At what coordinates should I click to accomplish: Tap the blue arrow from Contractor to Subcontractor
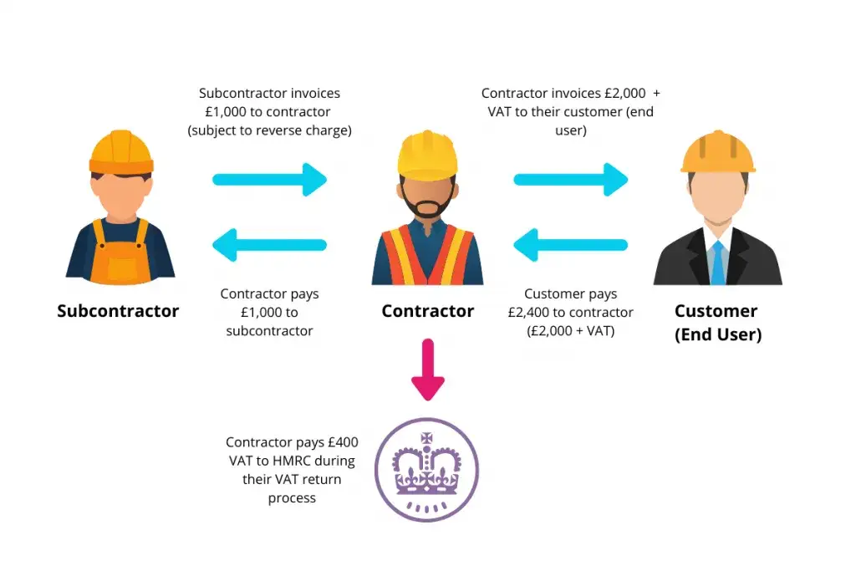pyautogui.click(x=270, y=245)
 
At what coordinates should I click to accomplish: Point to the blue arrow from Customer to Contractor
pyautogui.click(x=571, y=245)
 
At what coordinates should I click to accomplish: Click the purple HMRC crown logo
pyautogui.click(x=426, y=470)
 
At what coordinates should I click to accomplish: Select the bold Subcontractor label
pyautogui.click(x=118, y=311)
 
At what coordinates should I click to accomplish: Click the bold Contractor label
pyautogui.click(x=427, y=311)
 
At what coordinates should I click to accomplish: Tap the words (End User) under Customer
pyautogui.click(x=718, y=334)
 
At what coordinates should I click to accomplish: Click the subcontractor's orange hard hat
pyautogui.click(x=121, y=150)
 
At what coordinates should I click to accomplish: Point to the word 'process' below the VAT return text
pyautogui.click(x=292, y=497)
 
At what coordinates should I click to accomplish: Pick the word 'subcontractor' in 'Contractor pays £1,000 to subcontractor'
pyautogui.click(x=269, y=330)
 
